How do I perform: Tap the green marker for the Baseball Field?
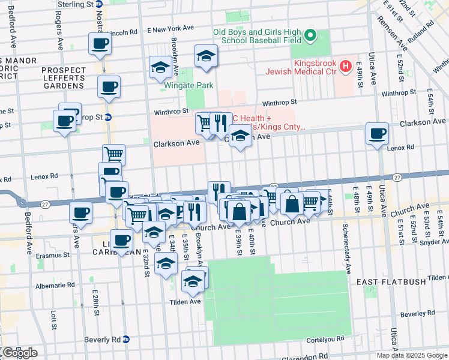point(310,36)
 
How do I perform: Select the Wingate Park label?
point(188,85)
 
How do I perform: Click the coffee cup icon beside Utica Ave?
point(378,134)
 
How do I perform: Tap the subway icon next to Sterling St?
point(99,4)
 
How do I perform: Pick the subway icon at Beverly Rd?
point(125,339)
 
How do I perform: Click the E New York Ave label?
point(171,29)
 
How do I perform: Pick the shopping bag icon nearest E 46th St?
point(292,203)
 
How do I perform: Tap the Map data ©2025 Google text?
point(412,355)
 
